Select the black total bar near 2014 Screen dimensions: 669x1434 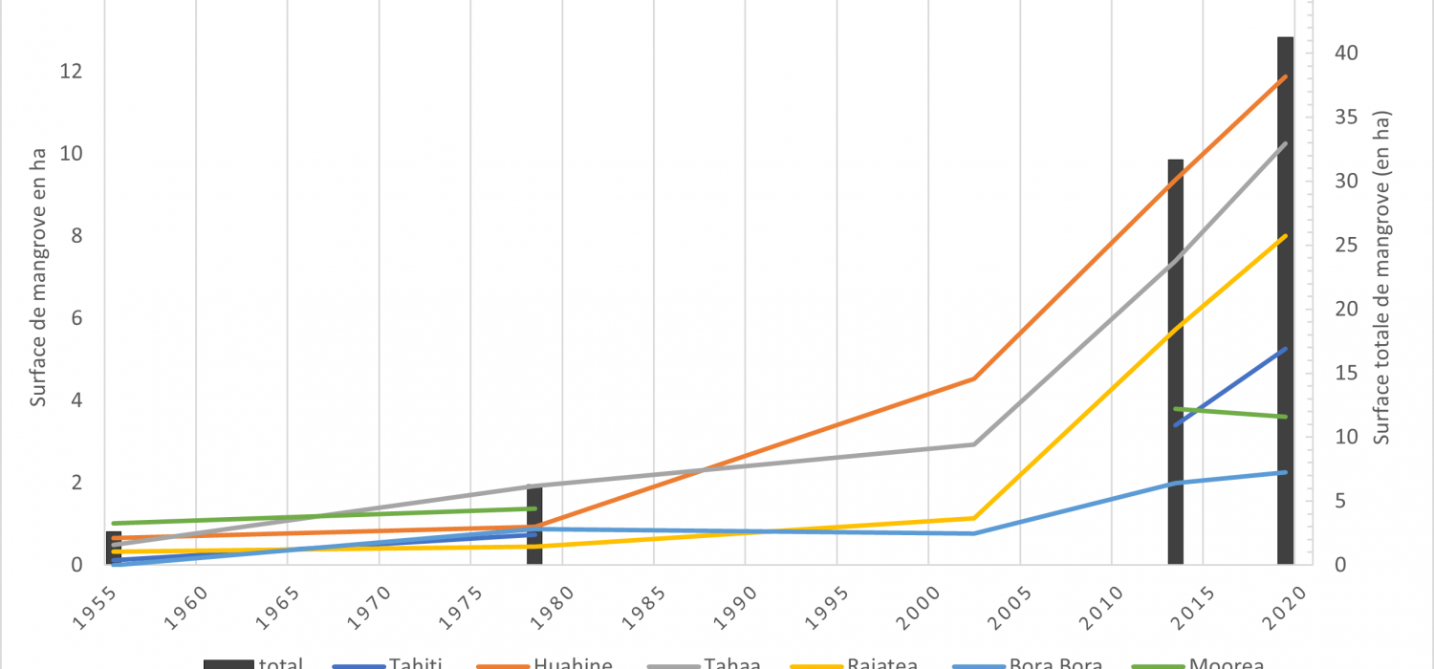[x=1175, y=363]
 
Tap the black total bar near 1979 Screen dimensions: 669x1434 [x=534, y=526]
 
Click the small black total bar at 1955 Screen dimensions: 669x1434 [x=114, y=547]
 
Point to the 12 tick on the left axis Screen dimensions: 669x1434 [x=73, y=72]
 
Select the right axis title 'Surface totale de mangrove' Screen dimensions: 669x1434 [x=1382, y=277]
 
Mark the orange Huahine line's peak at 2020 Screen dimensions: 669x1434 [x=1287, y=76]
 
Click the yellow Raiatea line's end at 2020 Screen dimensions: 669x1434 [x=1287, y=236]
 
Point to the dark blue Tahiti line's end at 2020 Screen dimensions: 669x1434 [x=1287, y=349]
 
